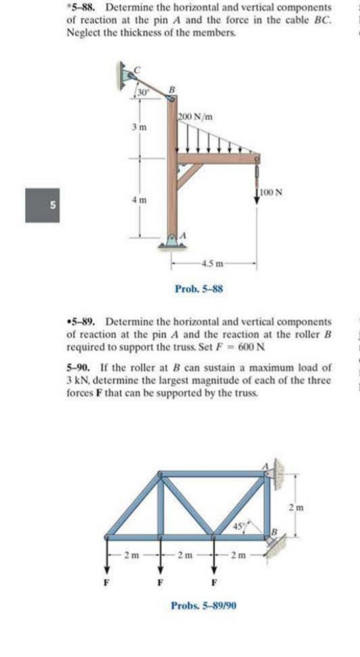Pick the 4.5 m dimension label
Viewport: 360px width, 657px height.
[x=212, y=266]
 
